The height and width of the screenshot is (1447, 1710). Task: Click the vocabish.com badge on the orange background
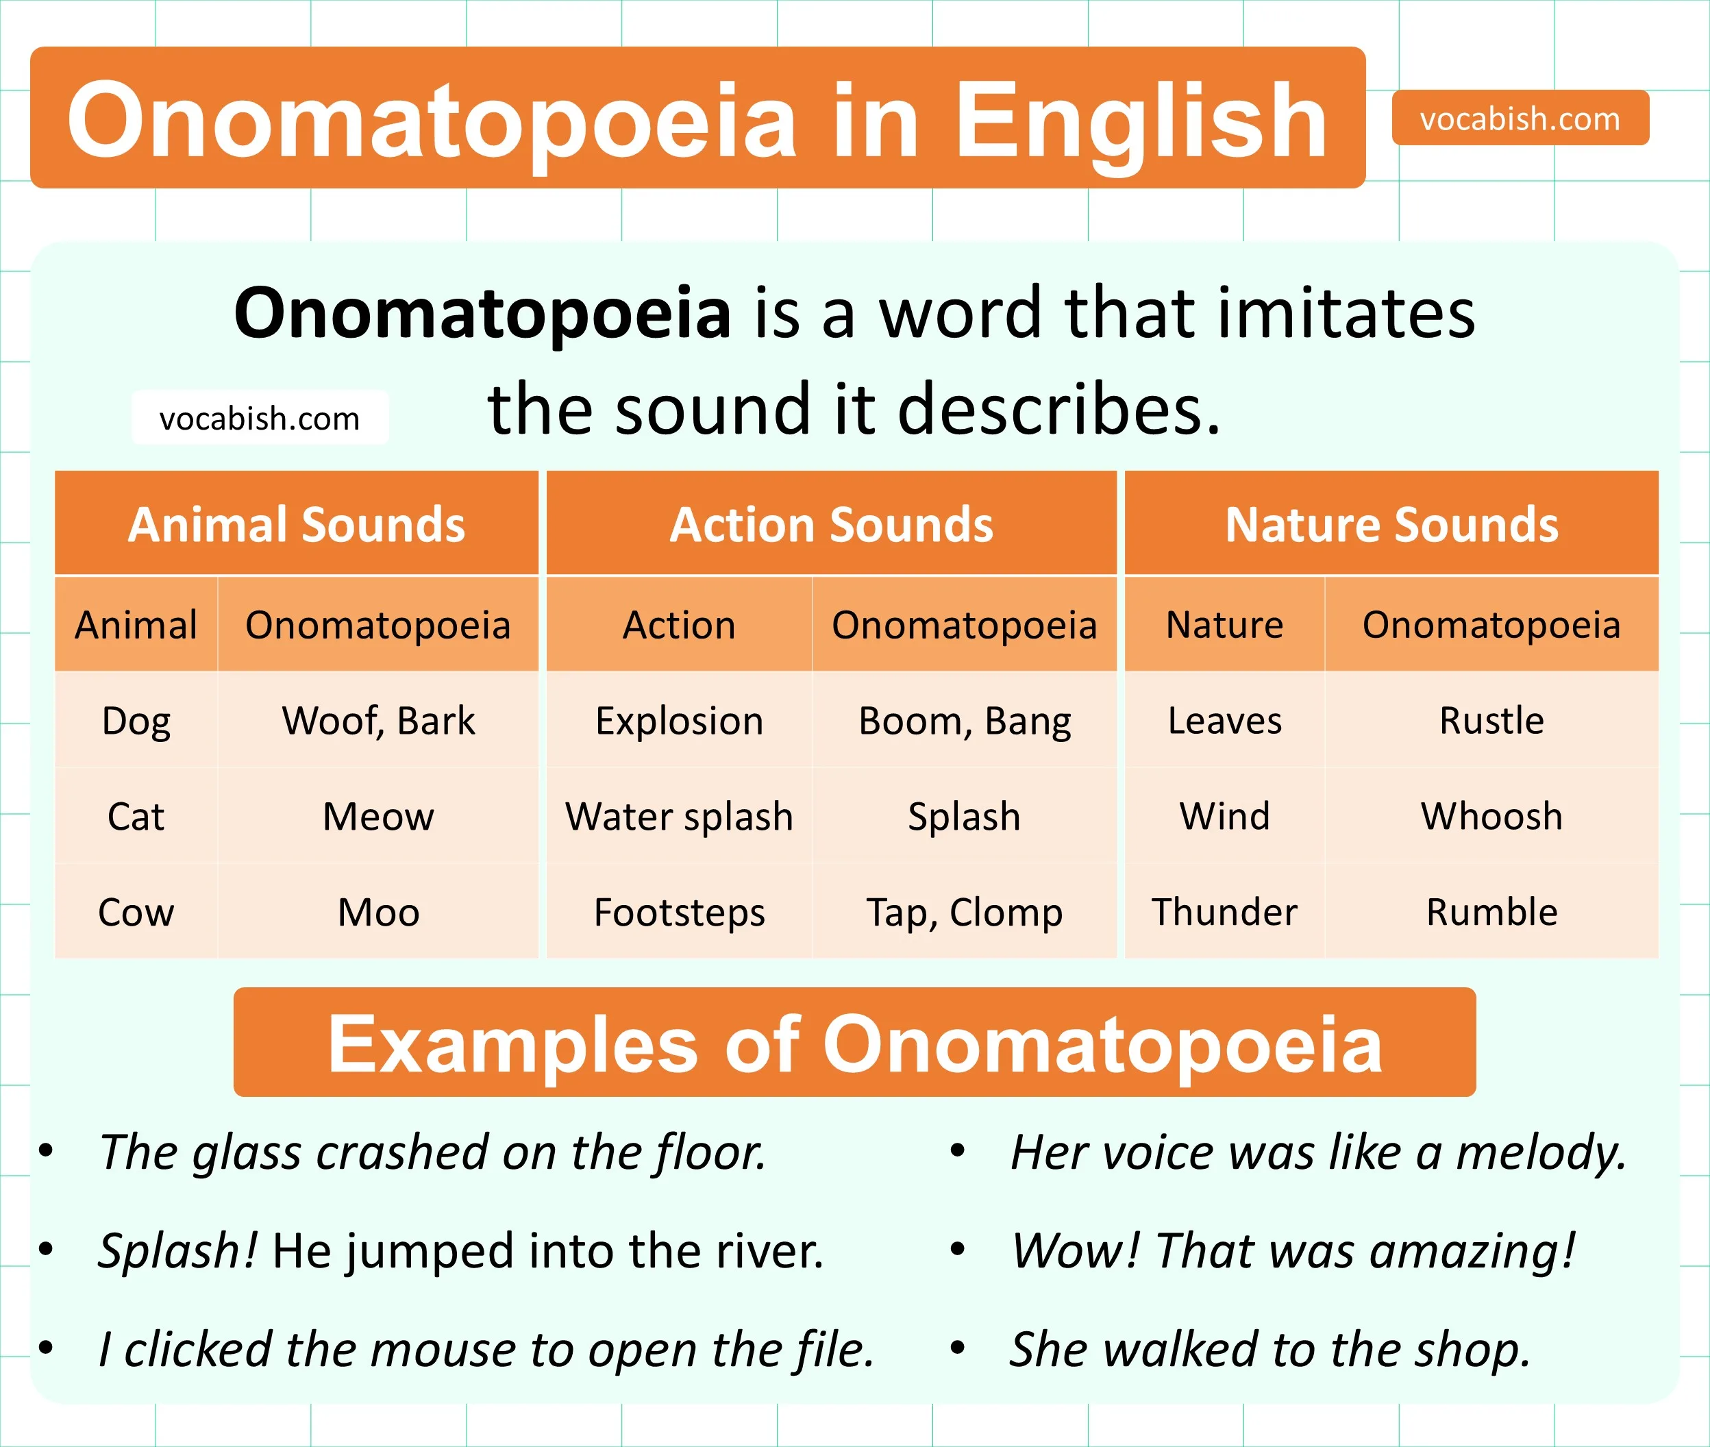(x=1520, y=118)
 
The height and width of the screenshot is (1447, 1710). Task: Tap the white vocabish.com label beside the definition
(x=259, y=419)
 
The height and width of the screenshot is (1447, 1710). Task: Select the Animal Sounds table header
(x=296, y=524)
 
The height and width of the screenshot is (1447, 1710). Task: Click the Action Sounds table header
(x=831, y=524)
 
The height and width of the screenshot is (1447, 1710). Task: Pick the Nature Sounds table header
(x=1391, y=524)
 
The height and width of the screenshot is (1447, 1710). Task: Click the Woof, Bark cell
(x=378, y=720)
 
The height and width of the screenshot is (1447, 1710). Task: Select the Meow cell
(x=378, y=816)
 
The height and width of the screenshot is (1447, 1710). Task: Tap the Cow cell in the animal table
(x=136, y=911)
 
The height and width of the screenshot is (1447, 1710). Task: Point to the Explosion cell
(x=679, y=720)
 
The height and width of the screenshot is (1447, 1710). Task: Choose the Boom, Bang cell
(x=965, y=720)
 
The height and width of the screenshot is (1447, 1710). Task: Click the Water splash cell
(x=679, y=816)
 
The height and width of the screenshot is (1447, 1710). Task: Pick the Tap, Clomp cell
(x=965, y=911)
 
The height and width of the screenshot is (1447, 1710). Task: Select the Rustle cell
(x=1491, y=720)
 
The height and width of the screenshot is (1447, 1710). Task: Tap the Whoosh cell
(x=1491, y=816)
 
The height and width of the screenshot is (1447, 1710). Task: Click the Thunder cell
(x=1224, y=911)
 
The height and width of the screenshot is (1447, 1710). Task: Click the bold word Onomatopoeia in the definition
(x=482, y=312)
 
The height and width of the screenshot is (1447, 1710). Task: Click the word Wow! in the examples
(x=1074, y=1250)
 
